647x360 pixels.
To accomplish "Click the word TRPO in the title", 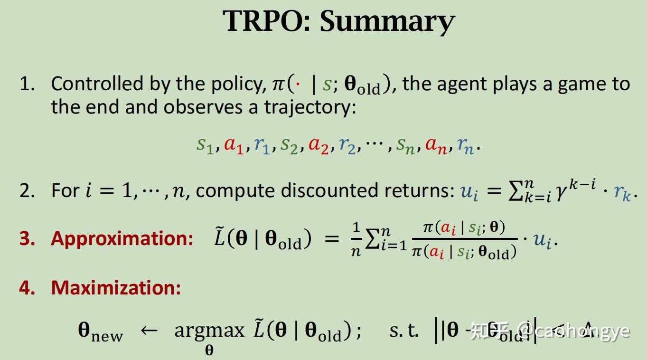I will [x=266, y=21].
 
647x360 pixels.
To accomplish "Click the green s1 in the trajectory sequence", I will [x=205, y=144].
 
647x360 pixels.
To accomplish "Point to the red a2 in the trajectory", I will [x=319, y=144].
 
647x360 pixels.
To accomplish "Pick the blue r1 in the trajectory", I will [x=262, y=144].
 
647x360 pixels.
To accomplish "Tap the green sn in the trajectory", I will [x=407, y=144].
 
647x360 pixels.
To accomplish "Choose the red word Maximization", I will [x=116, y=287].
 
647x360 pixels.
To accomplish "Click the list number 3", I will [x=27, y=238].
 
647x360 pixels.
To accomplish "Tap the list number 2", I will [x=27, y=190].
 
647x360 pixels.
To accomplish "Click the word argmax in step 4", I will [x=209, y=330].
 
